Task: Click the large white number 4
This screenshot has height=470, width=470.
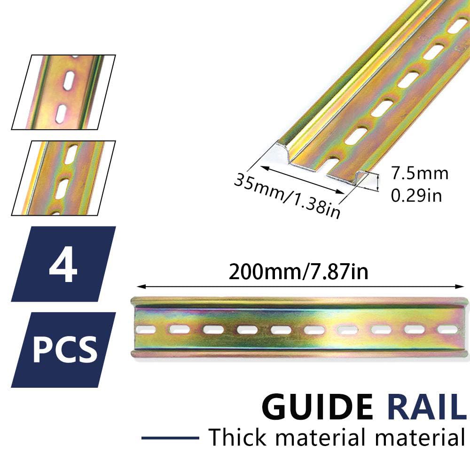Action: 63,264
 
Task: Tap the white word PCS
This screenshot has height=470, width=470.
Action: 65,350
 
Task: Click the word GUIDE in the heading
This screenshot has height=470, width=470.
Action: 317,407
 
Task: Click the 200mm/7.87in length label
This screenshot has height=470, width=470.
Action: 298,272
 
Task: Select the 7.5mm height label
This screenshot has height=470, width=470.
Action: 420,173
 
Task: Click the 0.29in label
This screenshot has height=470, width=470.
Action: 416,196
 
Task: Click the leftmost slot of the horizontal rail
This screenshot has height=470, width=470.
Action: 146,330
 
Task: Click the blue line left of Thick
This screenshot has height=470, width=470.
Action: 170,438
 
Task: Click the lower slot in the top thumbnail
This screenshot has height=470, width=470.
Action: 61,113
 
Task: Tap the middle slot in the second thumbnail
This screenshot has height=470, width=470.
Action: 62,189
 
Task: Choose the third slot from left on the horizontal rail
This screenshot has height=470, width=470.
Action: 213,330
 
